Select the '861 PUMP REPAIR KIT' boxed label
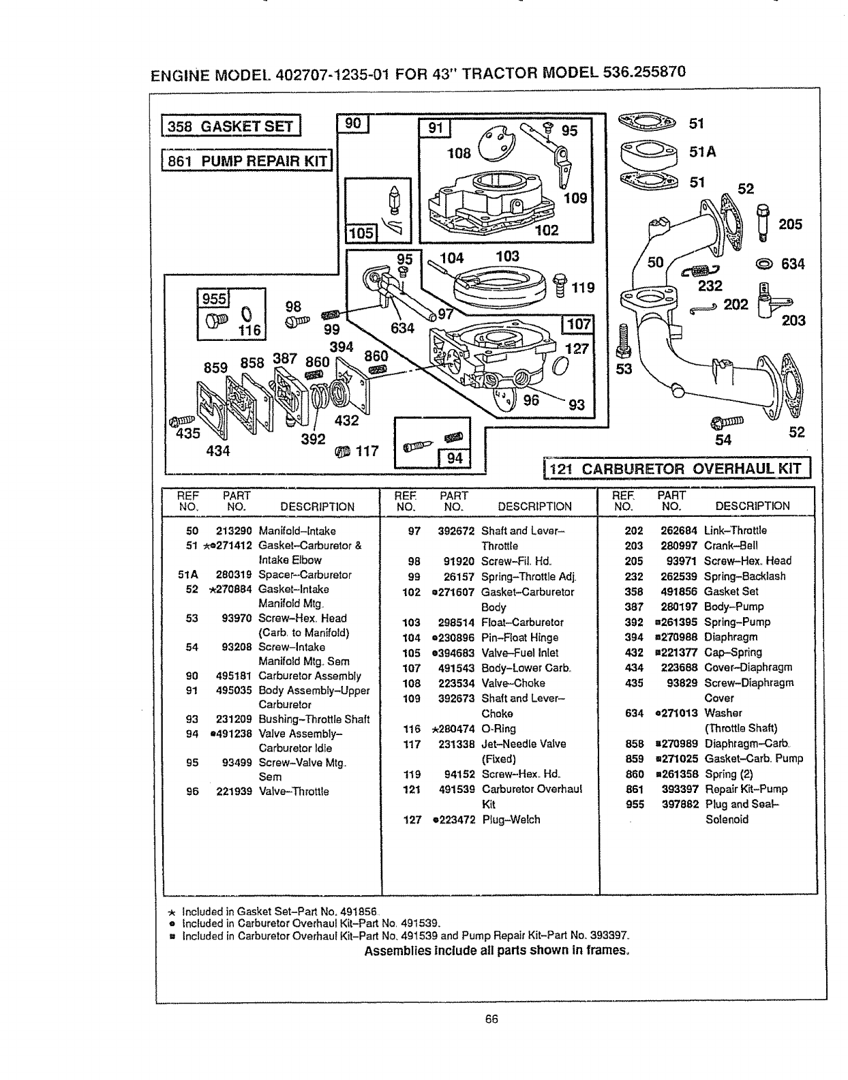[247, 160]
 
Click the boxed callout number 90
[352, 123]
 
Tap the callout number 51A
[702, 153]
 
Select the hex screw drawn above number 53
[620, 340]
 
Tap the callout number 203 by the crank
[793, 320]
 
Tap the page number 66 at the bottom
[491, 1019]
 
